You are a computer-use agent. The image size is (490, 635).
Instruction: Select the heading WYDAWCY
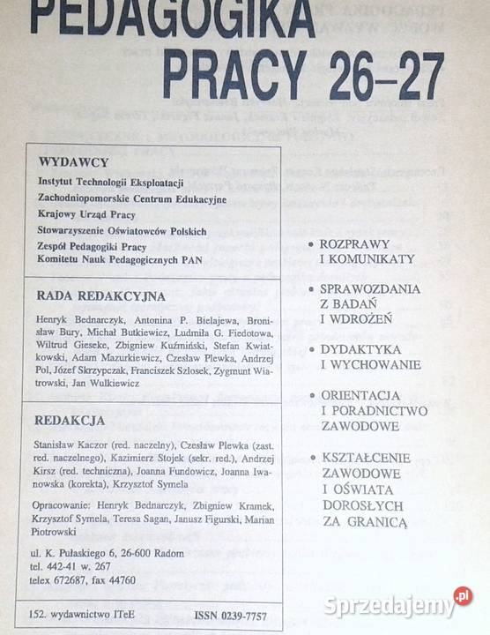point(74,162)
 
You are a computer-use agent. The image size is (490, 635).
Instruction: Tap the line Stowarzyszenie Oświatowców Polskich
point(122,230)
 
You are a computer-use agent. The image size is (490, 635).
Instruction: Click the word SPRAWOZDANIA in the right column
point(369,288)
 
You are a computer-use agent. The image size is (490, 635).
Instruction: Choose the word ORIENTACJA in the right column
point(361,395)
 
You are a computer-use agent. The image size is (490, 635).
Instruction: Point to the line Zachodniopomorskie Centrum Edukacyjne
point(132,198)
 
